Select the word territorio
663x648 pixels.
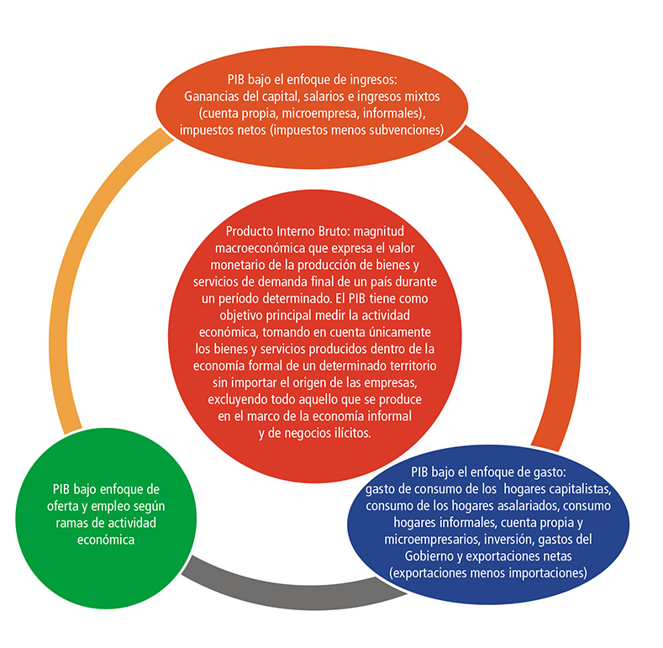coord(413,366)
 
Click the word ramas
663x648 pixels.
coord(71,524)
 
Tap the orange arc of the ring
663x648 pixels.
coord(565,271)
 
